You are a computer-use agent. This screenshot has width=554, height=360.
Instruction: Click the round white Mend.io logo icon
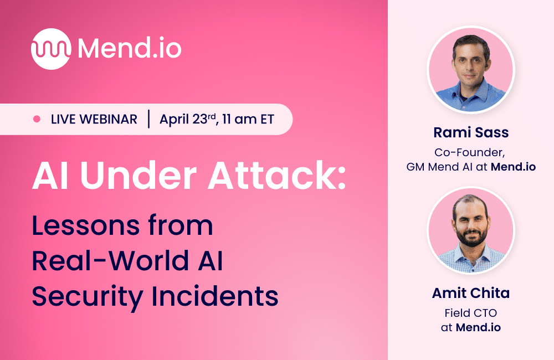[51, 49]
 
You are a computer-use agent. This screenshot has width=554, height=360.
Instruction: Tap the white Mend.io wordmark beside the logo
[130, 49]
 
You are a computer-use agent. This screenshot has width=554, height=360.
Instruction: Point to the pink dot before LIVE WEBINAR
[37, 119]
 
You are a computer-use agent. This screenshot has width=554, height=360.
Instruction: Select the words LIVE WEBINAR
[94, 119]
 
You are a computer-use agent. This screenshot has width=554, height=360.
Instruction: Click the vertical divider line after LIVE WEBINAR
[148, 119]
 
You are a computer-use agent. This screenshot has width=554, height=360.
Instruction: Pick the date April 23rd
[186, 119]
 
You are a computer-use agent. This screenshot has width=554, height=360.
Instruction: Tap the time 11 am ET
[248, 119]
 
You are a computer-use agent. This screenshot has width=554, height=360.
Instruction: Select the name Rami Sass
[470, 133]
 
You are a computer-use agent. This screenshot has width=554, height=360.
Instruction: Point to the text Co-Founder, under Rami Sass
[470, 151]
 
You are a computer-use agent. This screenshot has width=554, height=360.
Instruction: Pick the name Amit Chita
[470, 294]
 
